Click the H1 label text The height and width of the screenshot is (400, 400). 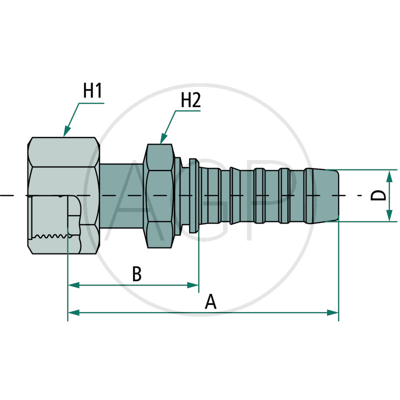pyautogui.click(x=92, y=91)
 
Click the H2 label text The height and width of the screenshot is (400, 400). pyautogui.click(x=190, y=100)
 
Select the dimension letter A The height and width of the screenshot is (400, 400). pyautogui.click(x=211, y=302)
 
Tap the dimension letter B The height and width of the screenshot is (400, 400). pyautogui.click(x=137, y=274)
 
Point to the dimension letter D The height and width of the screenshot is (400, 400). pyautogui.click(x=379, y=195)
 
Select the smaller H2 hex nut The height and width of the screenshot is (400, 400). pyautogui.click(x=159, y=195)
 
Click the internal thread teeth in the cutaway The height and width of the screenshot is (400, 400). pyautogui.click(x=50, y=235)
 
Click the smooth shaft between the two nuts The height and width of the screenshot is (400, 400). pyautogui.click(x=122, y=195)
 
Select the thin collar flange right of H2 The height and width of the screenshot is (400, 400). pyautogui.click(x=194, y=195)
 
